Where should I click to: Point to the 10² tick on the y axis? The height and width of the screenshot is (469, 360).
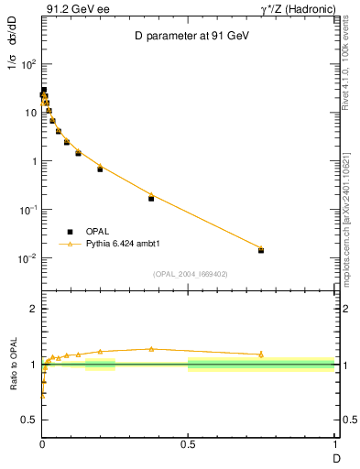pos(30,65)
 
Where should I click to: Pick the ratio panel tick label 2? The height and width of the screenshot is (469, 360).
pos(34,310)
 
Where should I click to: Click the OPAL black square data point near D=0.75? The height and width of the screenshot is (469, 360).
pos(261,250)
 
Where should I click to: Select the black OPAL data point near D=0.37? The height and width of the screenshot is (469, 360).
pos(151,198)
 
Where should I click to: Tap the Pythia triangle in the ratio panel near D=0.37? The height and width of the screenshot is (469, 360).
pos(151,349)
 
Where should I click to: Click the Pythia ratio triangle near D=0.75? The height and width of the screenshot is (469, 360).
pos(261,354)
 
